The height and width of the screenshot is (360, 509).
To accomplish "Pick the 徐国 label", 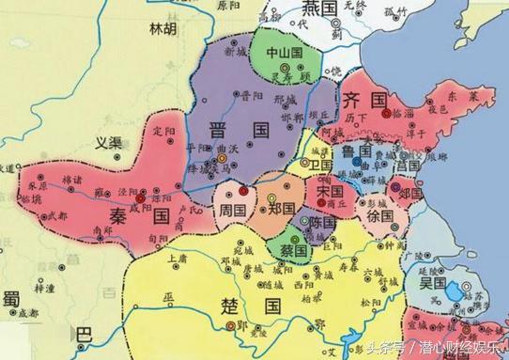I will [378, 215].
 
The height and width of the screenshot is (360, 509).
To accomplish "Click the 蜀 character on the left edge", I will [10, 297].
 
